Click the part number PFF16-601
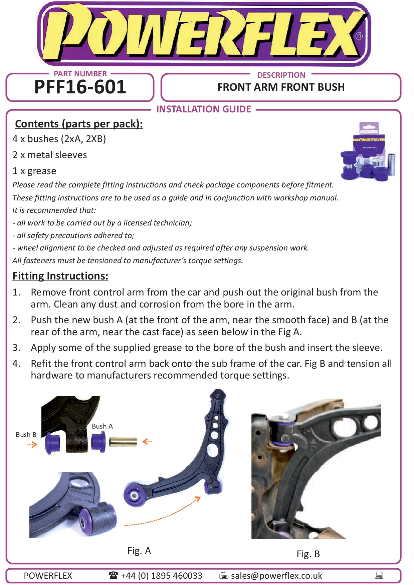click(80, 87)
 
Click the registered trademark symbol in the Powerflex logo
click(359, 36)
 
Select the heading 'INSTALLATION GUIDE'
click(203, 109)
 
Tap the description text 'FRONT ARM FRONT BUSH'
click(281, 87)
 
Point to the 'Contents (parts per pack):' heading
click(79, 124)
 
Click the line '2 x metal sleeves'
click(49, 155)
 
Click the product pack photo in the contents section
click(368, 152)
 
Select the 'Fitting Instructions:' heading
click(60, 276)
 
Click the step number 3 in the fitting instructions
click(16, 348)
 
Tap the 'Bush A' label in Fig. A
click(102, 426)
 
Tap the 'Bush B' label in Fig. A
click(26, 435)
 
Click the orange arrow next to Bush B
click(32, 444)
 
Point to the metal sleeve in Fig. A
click(123, 442)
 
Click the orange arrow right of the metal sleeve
click(147, 442)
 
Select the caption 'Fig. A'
click(139, 551)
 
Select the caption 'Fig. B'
click(308, 554)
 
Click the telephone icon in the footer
click(113, 575)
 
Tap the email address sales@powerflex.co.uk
click(276, 576)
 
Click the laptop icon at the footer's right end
click(379, 575)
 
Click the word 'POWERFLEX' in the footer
click(48, 576)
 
